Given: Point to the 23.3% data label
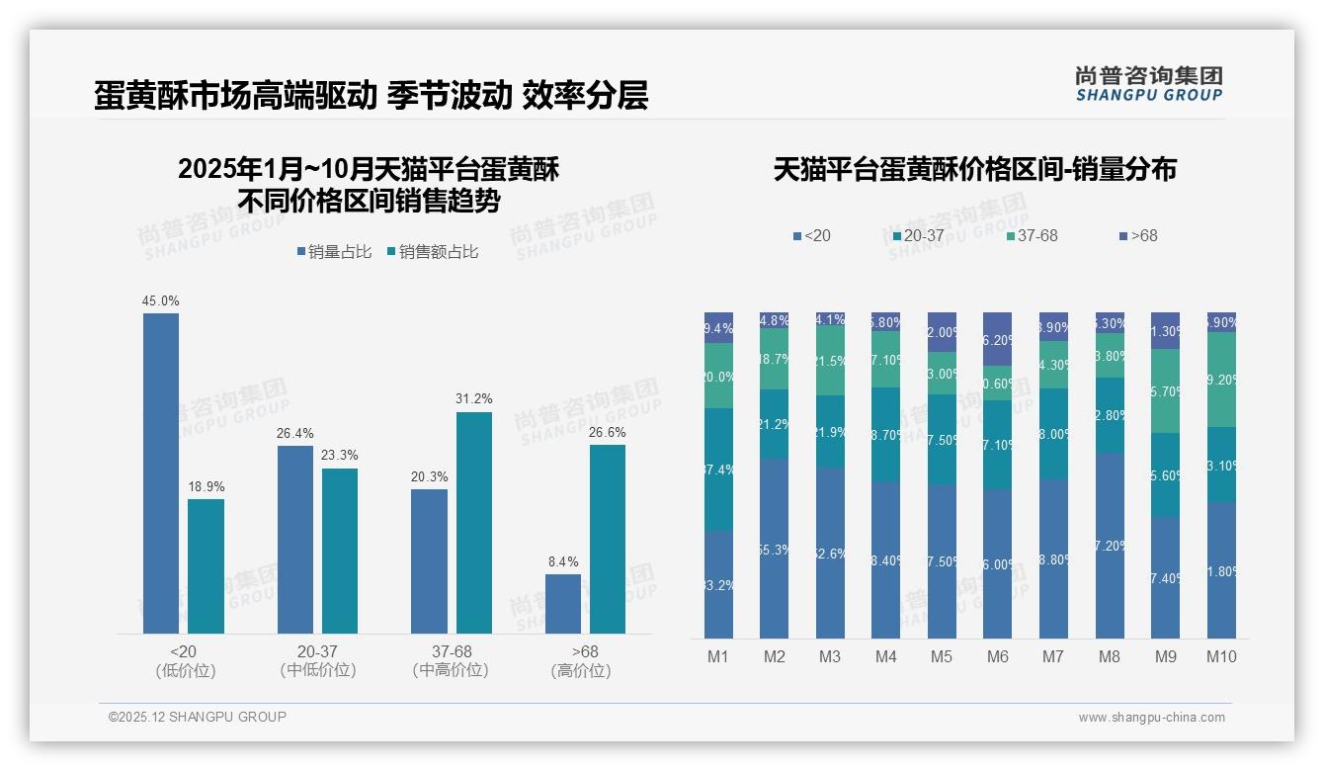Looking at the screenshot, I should pyautogui.click(x=340, y=456).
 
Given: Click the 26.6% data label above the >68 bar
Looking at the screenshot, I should pyautogui.click(x=607, y=432).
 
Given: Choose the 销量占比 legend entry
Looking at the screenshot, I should pyautogui.click(x=334, y=252).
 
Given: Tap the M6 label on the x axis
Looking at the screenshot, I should pyautogui.click(x=997, y=656).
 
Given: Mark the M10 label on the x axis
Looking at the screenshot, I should pyautogui.click(x=1221, y=656).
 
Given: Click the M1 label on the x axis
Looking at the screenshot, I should pyautogui.click(x=718, y=656).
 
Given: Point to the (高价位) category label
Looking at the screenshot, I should pyautogui.click(x=580, y=670).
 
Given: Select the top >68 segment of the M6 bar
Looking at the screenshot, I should pyautogui.click(x=997, y=339).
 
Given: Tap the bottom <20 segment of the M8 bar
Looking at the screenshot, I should pyautogui.click(x=1110, y=546).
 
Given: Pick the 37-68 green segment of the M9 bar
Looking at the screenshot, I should pyautogui.click(x=1165, y=390).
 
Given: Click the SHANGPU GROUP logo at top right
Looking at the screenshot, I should pyautogui.click(x=1148, y=84).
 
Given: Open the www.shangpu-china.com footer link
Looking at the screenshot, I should pyautogui.click(x=1151, y=718).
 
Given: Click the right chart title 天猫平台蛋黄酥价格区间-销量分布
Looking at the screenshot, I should pyautogui.click(x=974, y=169).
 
